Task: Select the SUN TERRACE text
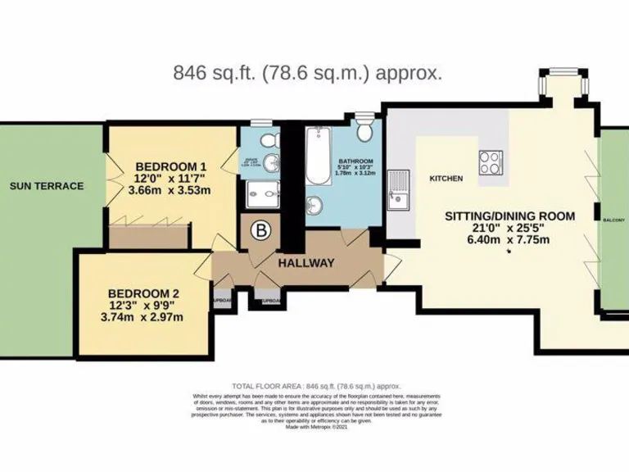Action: (x=47, y=186)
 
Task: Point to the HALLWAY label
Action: (x=305, y=263)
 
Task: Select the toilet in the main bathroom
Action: (x=366, y=129)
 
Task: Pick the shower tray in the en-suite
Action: (x=260, y=194)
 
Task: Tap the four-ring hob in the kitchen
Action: (x=491, y=161)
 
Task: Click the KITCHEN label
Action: (x=446, y=179)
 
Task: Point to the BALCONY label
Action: (x=614, y=220)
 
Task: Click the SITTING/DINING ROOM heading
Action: (x=509, y=216)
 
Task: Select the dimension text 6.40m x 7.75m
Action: (x=509, y=241)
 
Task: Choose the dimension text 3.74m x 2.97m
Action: (x=147, y=317)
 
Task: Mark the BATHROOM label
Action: (x=357, y=161)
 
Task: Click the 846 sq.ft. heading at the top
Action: (x=308, y=72)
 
